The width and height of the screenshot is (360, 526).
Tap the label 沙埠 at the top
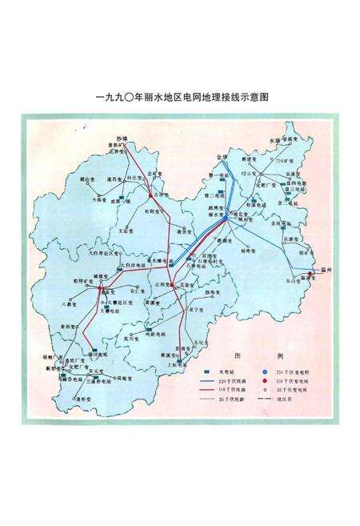tap(122, 138)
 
